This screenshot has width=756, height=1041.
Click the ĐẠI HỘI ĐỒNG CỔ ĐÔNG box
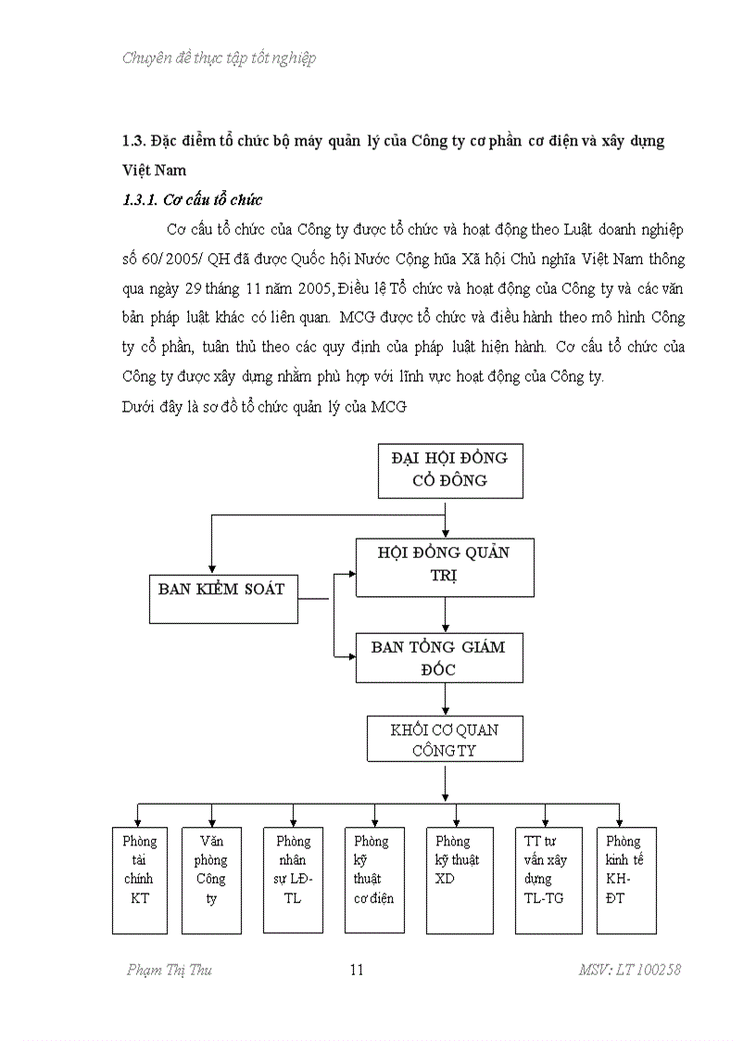click(450, 471)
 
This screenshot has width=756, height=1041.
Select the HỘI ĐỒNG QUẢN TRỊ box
click(445, 565)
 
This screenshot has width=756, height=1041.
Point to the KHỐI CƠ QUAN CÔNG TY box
click(445, 740)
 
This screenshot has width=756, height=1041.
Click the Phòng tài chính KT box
click(139, 880)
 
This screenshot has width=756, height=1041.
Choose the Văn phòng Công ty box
click(211, 880)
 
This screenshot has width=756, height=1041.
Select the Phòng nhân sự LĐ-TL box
click(294, 880)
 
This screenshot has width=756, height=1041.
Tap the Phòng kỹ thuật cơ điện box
click(374, 880)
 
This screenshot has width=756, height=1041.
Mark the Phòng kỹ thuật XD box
click(460, 880)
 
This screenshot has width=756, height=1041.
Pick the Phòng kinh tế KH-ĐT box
click(626, 880)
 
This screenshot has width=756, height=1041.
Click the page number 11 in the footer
click(357, 971)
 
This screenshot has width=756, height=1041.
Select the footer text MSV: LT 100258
click(629, 971)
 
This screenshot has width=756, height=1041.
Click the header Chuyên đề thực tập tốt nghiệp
click(220, 57)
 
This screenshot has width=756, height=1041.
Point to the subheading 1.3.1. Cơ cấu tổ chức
click(193, 199)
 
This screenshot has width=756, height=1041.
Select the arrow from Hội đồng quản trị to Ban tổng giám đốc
click(446, 615)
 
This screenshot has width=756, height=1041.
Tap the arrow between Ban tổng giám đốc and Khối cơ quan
click(446, 699)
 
